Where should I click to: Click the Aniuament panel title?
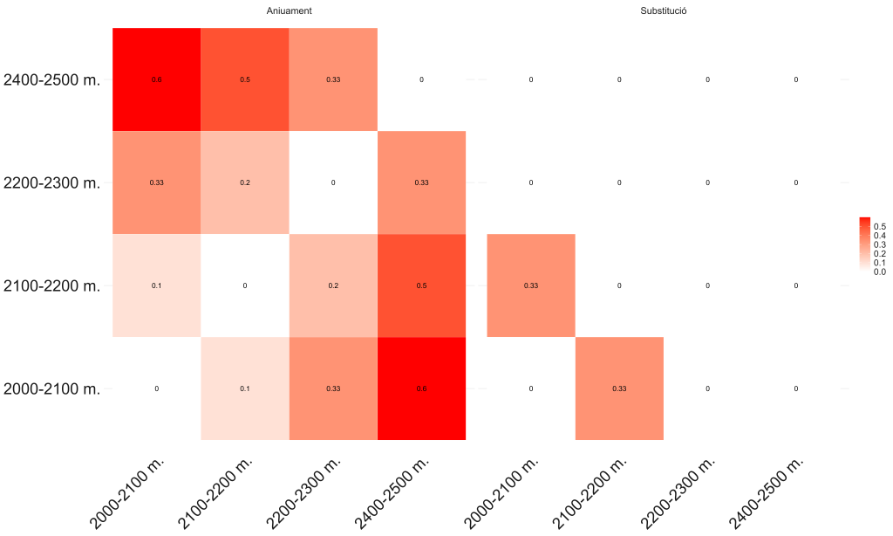coord(290,10)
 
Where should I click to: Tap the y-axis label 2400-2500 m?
coord(52,79)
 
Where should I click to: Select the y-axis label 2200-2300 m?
coord(52,182)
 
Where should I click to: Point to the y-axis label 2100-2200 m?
coord(52,285)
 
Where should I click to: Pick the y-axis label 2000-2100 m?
coord(52,388)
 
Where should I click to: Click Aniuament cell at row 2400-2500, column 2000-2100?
coord(157,79)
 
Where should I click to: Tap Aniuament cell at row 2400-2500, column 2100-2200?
coord(245,79)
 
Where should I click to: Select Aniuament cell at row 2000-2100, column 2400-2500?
coord(422,388)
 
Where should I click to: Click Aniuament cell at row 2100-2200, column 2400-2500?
coord(422,285)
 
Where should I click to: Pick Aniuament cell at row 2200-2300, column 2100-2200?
coord(245,182)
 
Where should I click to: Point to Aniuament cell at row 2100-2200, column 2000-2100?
coord(157,285)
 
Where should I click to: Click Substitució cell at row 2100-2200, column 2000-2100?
coord(531,285)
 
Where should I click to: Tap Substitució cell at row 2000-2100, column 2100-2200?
coord(619,388)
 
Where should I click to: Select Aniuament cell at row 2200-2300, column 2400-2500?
coord(422,182)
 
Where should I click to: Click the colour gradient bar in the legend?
coord(865,244)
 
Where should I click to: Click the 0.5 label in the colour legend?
coord(879,227)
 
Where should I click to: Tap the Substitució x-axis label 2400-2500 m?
coord(767,493)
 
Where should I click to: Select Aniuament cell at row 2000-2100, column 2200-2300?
coord(333,388)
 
